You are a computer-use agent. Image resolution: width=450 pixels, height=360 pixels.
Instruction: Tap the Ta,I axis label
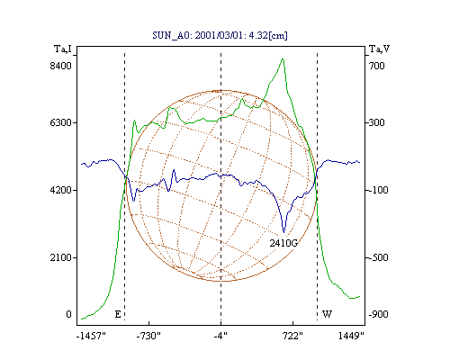[63, 49]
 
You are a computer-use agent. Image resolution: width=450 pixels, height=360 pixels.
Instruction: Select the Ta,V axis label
[379, 49]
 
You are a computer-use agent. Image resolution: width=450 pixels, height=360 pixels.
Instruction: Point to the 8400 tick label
[61, 66]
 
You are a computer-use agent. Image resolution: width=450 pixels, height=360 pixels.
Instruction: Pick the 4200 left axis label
[61, 190]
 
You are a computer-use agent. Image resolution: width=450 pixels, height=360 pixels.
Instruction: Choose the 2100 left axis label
[61, 257]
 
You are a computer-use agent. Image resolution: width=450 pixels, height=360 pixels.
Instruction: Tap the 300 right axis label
[376, 122]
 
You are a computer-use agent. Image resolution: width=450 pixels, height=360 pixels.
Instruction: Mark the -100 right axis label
[378, 190]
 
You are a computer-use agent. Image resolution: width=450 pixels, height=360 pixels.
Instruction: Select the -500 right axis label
[378, 257]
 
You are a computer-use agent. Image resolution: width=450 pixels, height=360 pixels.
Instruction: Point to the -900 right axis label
[378, 314]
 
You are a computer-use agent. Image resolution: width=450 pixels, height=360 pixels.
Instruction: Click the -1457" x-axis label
[91, 336]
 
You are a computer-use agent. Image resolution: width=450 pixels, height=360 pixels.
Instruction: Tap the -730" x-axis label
[148, 336]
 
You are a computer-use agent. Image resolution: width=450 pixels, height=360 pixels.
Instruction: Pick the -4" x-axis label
[220, 336]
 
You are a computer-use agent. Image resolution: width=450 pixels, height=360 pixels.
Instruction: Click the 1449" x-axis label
[351, 336]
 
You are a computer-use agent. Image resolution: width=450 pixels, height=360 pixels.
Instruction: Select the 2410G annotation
[283, 243]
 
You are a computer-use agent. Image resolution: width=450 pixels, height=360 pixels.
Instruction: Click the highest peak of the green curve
[283, 59]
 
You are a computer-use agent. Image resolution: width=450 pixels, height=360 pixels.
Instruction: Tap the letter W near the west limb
[327, 314]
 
